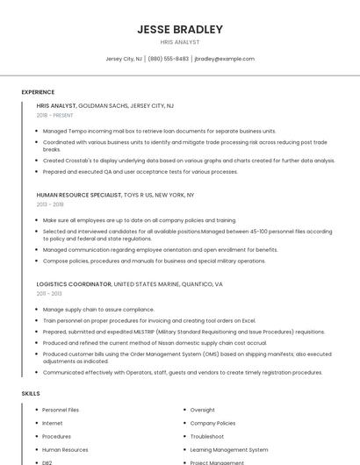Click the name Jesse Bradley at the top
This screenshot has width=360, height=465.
(179, 29)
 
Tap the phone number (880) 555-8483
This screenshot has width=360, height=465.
(169, 59)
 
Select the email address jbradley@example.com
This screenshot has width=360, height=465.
(224, 59)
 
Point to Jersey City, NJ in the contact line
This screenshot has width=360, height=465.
(124, 59)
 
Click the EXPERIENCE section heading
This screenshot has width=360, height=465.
(38, 92)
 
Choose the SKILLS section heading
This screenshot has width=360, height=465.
(31, 394)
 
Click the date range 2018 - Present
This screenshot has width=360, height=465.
(55, 115)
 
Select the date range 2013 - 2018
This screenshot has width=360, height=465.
(50, 204)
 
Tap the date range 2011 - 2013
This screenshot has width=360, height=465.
(49, 294)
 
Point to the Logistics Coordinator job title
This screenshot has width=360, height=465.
(74, 284)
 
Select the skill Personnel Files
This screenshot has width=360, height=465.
(61, 410)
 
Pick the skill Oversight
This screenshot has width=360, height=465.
(202, 410)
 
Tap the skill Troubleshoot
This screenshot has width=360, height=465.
(207, 436)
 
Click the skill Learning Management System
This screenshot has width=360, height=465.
(228, 449)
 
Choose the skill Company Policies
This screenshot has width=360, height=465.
(213, 423)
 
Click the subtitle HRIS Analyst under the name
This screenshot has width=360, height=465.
(179, 41)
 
